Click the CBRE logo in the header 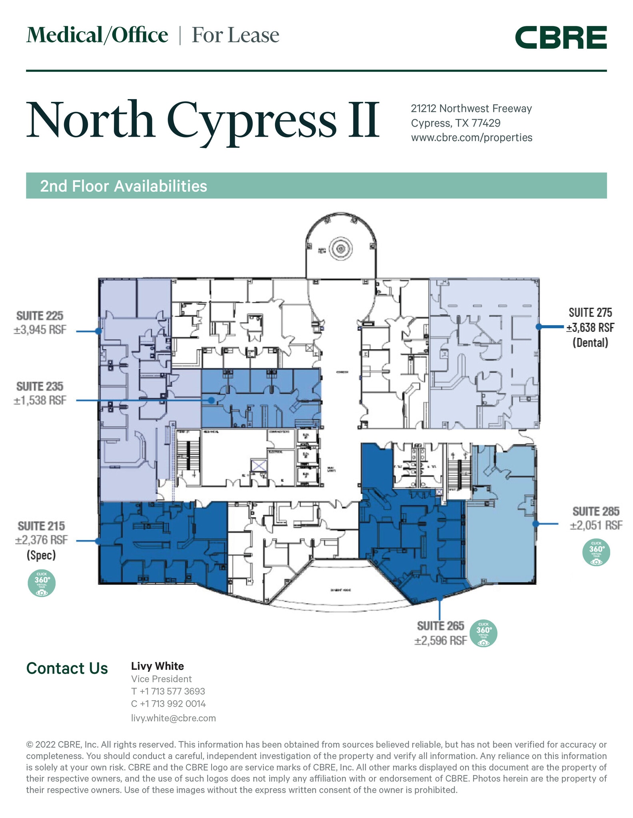561,38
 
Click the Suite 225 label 40,316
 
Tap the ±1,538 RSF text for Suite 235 40,400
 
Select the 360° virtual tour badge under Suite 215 42,584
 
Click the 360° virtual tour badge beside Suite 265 483,633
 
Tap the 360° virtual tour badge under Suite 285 596,552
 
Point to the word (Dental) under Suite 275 590,343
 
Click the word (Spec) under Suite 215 41,555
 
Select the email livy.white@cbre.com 173,718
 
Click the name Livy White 158,666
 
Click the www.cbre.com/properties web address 471,138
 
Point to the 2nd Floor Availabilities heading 124,186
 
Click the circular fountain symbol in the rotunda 341,249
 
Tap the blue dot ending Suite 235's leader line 211,400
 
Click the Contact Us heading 67,669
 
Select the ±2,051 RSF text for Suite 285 596,526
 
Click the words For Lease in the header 235,35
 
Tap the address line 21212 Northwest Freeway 471,109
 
